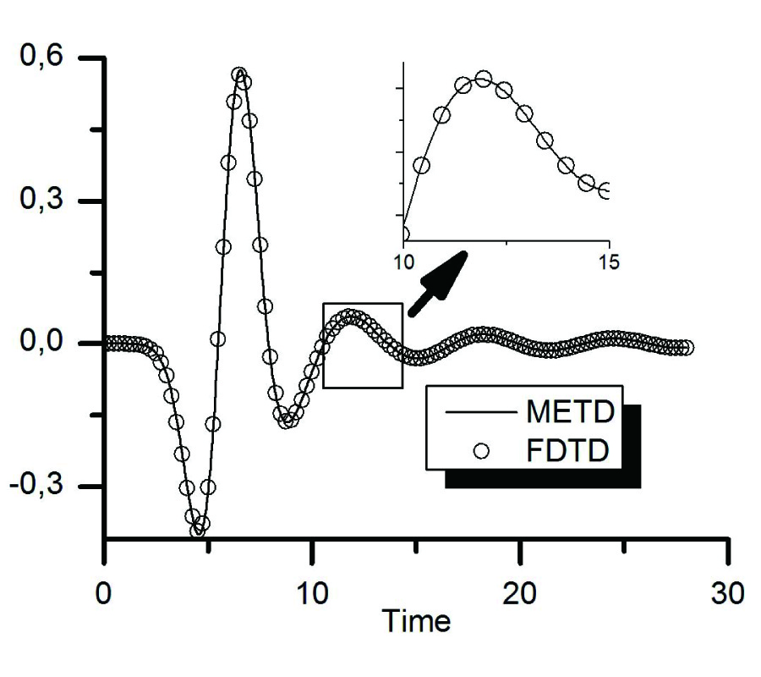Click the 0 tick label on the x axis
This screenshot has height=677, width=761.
[x=103, y=592]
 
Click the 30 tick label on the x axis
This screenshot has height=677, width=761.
[x=727, y=592]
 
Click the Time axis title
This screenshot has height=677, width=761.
[x=416, y=622]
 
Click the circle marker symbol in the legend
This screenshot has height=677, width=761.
[x=482, y=451]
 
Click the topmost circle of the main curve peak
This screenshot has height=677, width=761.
[x=239, y=75]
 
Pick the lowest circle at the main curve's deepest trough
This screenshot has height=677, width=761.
[x=197, y=531]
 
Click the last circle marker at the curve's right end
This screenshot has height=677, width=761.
[x=687, y=348]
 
